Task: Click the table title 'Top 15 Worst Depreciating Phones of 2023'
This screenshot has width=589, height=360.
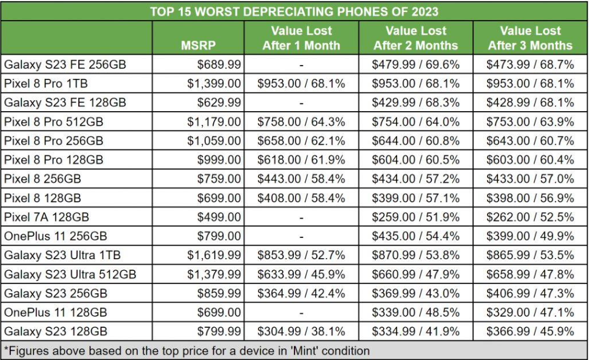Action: (x=294, y=11)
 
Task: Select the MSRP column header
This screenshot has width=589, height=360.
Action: (x=198, y=45)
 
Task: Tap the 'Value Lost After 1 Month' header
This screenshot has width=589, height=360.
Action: (x=301, y=38)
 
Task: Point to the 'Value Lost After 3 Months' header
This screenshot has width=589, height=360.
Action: (x=530, y=38)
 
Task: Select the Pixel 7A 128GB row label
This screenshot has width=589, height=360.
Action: (x=47, y=217)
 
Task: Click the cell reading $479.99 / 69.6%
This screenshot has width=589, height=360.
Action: (x=416, y=64)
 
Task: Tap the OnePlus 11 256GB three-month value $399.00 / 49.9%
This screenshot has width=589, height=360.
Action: (x=531, y=236)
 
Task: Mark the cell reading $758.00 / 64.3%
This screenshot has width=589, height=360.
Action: (x=301, y=121)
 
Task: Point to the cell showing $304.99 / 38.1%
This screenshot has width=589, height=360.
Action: (x=301, y=332)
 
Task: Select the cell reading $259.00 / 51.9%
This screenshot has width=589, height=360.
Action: (x=416, y=217)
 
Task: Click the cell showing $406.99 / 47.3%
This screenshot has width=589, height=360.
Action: (x=531, y=294)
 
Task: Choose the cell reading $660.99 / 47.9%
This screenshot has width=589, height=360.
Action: (x=416, y=274)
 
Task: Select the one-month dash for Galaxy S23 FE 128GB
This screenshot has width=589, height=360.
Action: (x=301, y=103)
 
